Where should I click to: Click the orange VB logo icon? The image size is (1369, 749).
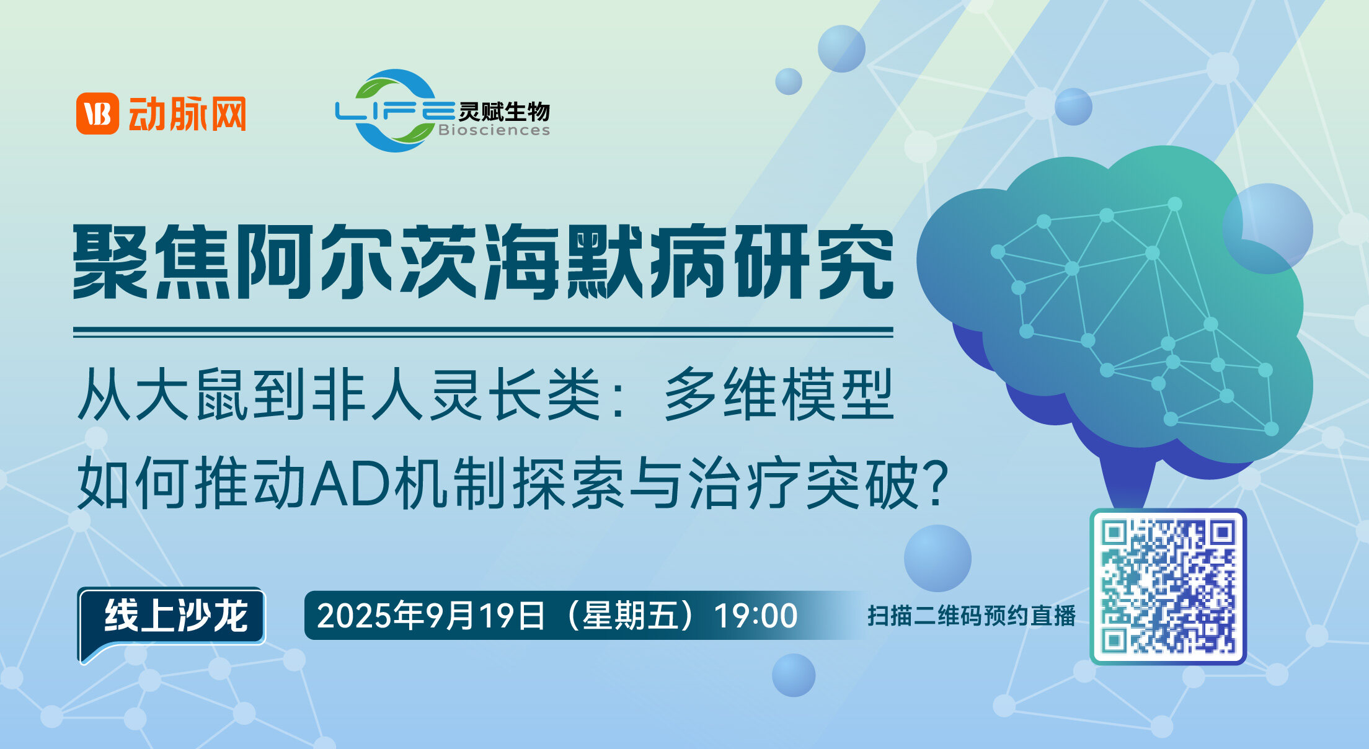(97, 113)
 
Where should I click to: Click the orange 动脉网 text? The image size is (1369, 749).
(187, 113)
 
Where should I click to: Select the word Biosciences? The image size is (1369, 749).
(494, 130)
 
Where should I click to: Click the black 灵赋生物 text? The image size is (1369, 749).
(504, 112)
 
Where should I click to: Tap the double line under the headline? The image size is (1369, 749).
(483, 333)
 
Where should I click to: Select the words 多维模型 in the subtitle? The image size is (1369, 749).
(779, 394)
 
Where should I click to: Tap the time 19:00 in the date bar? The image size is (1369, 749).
(756, 616)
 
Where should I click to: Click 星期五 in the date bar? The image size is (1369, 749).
(628, 616)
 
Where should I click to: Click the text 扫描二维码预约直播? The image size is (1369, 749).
(972, 616)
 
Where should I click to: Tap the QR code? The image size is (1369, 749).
(1168, 587)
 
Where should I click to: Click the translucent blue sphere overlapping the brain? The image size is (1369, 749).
(1268, 228)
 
